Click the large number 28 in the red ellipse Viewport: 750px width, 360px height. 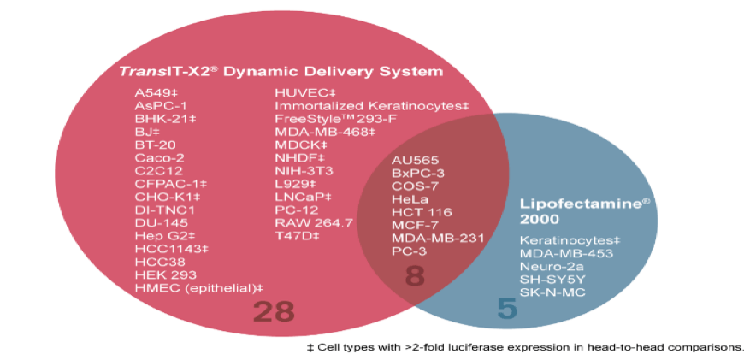tap(273, 311)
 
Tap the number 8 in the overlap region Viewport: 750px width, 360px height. tap(415, 276)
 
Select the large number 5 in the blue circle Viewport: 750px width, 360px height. tap(507, 309)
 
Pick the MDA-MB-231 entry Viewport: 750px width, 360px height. tap(438, 238)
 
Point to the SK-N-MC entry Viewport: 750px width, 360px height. tap(552, 292)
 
